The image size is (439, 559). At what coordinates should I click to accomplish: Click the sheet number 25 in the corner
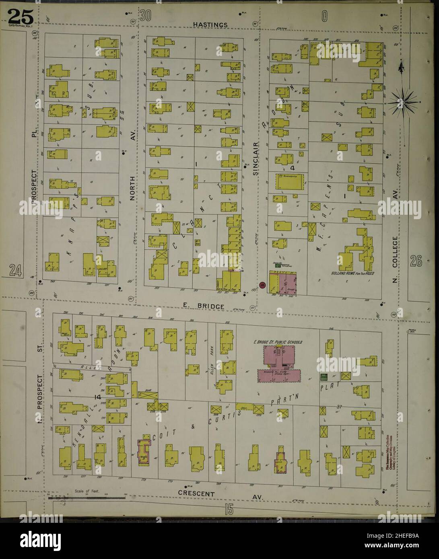pos(19,17)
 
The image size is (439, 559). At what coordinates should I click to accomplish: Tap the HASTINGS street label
pos(210,25)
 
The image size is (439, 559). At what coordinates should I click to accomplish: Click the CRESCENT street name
pos(197,493)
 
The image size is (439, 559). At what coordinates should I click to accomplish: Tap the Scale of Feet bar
pos(87,498)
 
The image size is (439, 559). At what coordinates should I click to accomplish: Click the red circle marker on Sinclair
pos(263,285)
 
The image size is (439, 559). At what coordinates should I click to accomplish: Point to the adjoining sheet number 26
pos(416,262)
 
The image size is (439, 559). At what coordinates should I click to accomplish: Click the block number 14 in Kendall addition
pos(96,397)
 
